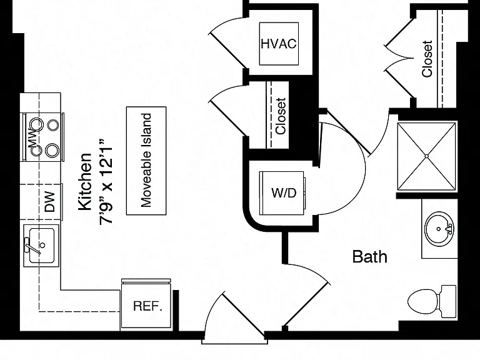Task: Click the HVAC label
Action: (279, 44)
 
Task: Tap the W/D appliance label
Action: (284, 193)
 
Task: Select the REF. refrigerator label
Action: (147, 306)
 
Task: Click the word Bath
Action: (369, 256)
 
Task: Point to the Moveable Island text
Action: (146, 161)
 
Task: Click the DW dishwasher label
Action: (50, 202)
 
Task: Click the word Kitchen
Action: (85, 182)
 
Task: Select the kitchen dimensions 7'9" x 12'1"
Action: (106, 182)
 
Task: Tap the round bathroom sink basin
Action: (439, 229)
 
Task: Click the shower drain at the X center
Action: (427, 156)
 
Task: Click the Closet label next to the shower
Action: (427, 59)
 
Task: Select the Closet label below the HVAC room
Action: (281, 116)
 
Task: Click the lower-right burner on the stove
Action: (52, 150)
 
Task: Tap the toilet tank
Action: (449, 301)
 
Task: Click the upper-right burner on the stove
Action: (53, 125)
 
